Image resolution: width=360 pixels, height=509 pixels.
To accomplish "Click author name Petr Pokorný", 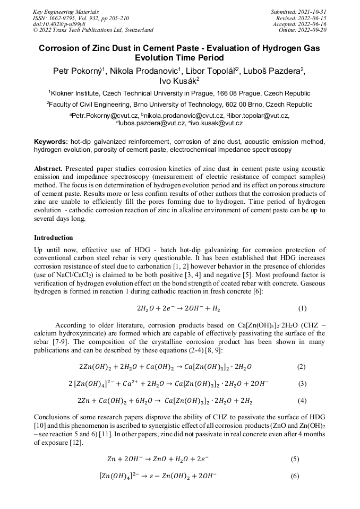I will point(78,71).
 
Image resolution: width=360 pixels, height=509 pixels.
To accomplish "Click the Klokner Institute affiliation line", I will point(179,92).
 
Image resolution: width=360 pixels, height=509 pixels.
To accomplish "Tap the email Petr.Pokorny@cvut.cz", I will point(106,115).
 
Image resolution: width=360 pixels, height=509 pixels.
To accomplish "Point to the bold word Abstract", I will point(49,168).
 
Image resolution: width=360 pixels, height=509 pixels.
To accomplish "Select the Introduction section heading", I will point(54,237).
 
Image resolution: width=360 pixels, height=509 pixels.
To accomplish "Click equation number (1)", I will point(302,308).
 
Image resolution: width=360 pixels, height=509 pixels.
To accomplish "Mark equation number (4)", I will point(302,401).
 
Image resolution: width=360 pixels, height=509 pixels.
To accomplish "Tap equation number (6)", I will point(295,476).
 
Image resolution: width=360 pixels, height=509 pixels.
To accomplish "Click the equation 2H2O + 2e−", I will point(178,308).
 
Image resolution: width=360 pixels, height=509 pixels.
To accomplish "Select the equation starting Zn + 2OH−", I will point(157,459).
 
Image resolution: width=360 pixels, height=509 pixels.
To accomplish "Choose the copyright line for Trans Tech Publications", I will point(93,30).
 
